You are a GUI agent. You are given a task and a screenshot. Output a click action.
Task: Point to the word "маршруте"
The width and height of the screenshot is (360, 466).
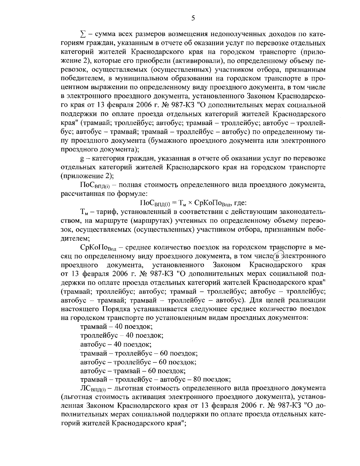pyautogui.click(x=111, y=221)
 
